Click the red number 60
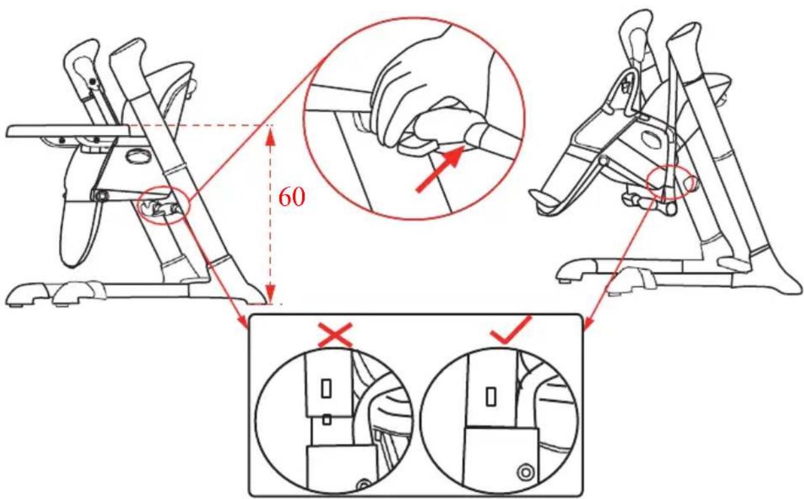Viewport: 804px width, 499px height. pos(292,197)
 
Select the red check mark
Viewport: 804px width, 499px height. pos(510,330)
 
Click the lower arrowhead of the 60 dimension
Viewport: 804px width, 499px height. pos(270,294)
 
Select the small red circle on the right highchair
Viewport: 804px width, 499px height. pos(669,182)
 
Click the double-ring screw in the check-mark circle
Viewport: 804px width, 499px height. pos(525,472)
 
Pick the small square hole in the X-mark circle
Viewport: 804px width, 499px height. pos(327,420)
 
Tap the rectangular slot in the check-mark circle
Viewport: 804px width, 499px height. pos(491,396)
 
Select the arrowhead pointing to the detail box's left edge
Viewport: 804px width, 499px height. pos(242,321)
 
